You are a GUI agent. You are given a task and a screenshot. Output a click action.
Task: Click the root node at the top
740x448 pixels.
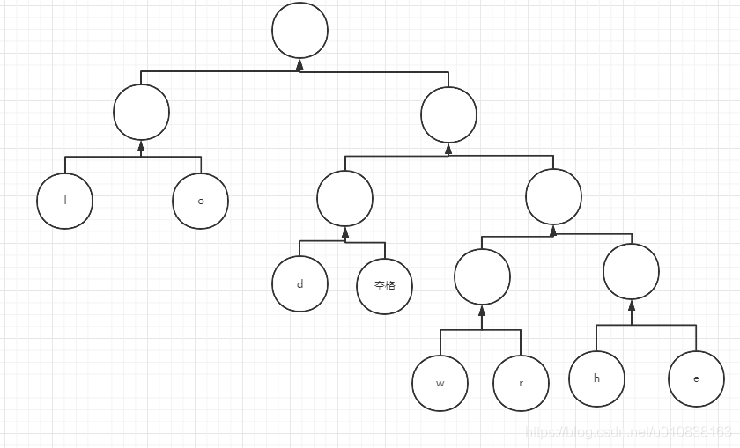click(300, 31)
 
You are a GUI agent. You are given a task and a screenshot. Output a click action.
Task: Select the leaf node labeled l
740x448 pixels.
click(65, 201)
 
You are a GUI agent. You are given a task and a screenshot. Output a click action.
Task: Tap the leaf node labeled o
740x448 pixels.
click(200, 201)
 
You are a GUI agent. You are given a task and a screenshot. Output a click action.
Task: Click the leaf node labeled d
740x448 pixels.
click(300, 284)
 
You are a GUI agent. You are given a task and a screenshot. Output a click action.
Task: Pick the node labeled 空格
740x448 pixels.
click(385, 285)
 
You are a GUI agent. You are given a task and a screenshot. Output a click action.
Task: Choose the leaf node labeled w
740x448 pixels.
click(440, 383)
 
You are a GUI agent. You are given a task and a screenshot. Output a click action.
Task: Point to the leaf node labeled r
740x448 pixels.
click(521, 383)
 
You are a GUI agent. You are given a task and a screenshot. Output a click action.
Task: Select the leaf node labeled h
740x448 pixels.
click(596, 378)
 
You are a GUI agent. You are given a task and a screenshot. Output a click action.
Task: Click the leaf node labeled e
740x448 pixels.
click(696, 378)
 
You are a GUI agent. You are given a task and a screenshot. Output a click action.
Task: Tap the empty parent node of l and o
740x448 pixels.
click(141, 112)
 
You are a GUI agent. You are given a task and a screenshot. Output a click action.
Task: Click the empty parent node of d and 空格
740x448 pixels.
click(344, 198)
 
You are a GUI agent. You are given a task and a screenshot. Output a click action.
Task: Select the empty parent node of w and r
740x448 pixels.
click(482, 277)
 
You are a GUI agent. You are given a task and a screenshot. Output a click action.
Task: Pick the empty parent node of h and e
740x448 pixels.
click(631, 272)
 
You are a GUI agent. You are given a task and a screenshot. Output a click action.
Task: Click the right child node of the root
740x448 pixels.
click(448, 114)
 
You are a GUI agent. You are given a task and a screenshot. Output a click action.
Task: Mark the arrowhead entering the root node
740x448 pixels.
click(300, 64)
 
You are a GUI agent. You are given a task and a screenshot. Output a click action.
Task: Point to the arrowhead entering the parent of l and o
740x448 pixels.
click(141, 145)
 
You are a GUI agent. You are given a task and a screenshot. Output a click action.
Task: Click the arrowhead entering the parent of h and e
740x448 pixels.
click(631, 305)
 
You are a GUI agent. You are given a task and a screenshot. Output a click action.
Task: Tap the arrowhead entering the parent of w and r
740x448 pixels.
click(482, 311)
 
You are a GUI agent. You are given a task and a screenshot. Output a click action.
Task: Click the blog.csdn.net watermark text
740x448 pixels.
click(628, 432)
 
